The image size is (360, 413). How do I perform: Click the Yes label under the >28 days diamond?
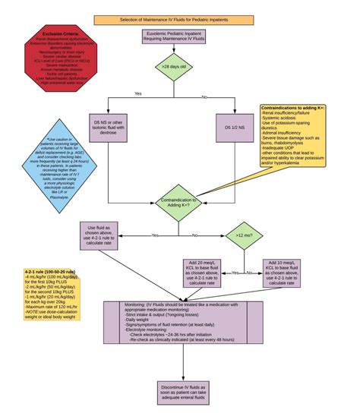point(138,94)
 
